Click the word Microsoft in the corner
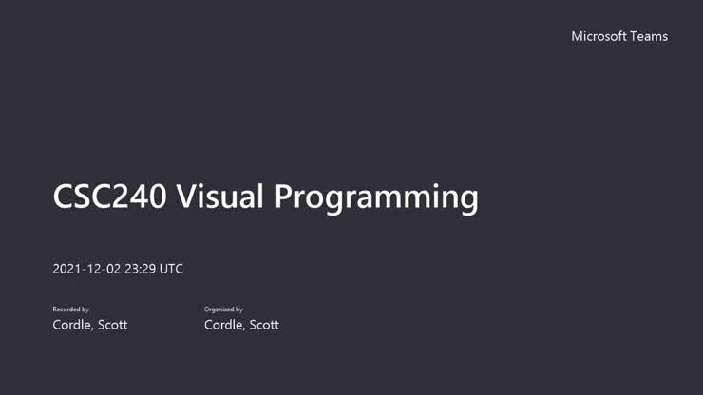pyautogui.click(x=598, y=36)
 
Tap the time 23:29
pyautogui.click(x=140, y=269)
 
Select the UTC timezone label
pyautogui.click(x=171, y=269)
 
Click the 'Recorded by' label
pyautogui.click(x=70, y=310)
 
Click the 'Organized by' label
pyautogui.click(x=223, y=310)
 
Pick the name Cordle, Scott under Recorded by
pyautogui.click(x=89, y=325)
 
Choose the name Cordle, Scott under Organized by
pyautogui.click(x=241, y=325)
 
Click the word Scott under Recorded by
pyautogui.click(x=112, y=325)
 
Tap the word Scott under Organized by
pyautogui.click(x=264, y=325)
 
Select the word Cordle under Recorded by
pyautogui.click(x=72, y=325)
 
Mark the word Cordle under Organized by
pyautogui.click(x=224, y=325)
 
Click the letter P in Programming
pyautogui.click(x=284, y=197)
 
